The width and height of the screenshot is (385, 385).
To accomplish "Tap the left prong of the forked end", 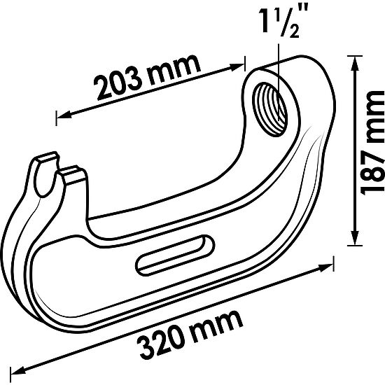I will coord(44,162).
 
